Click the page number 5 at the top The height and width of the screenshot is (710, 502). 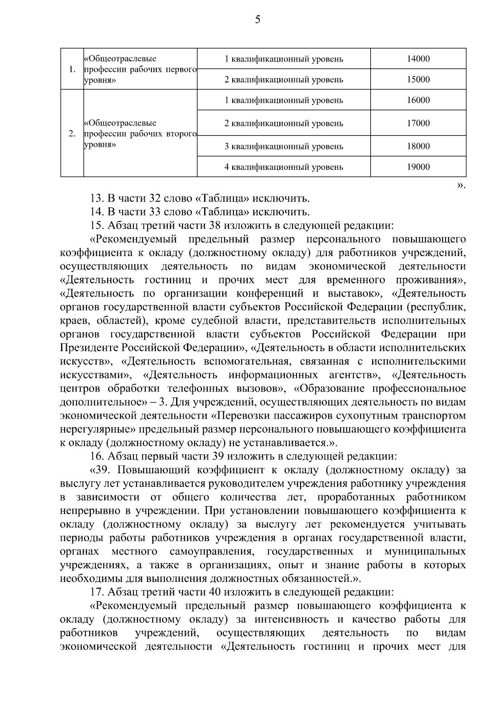coord(257,20)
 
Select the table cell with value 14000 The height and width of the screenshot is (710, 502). coord(418,59)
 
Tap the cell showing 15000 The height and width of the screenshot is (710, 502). coord(418,79)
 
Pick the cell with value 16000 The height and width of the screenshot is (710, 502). coord(418,100)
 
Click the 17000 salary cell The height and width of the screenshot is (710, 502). coord(418,123)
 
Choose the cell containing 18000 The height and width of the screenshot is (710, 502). coord(418,146)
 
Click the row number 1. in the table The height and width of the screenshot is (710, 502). coord(72,69)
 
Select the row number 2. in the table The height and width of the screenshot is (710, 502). coord(72,134)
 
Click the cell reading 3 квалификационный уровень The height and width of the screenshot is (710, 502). coord(284,146)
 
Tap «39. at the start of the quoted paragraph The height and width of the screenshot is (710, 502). coord(101,470)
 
